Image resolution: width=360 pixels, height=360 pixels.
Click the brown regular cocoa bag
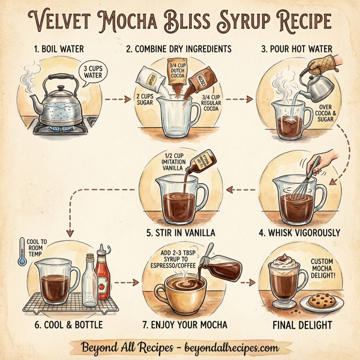tap(199, 77)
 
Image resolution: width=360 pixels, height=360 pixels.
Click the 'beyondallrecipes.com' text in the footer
tap(230, 347)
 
